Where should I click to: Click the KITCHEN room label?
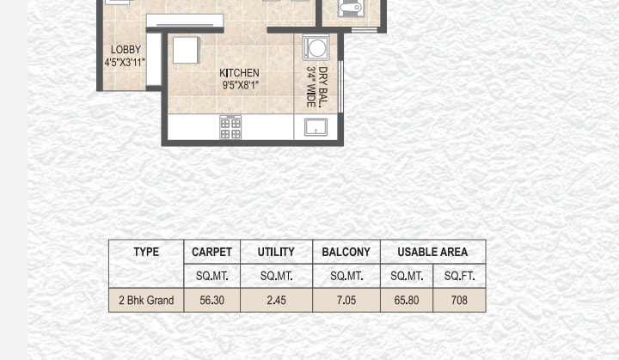239,73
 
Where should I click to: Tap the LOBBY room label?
126,50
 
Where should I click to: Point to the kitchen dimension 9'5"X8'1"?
240,85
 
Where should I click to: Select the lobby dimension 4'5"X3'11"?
125,63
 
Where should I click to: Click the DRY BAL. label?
323,87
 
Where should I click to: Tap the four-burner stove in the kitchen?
230,127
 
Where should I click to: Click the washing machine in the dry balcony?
316,48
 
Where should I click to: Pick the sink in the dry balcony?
316,127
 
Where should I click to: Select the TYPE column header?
146,252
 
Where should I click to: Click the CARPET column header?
211,252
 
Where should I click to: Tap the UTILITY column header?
276,252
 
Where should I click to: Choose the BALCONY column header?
346,252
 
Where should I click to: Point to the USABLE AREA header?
432,252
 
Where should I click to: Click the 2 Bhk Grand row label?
146,301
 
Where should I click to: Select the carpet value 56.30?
212,301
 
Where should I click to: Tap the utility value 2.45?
276,301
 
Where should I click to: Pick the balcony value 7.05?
346,301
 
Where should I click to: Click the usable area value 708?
459,301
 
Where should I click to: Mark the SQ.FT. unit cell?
459,276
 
